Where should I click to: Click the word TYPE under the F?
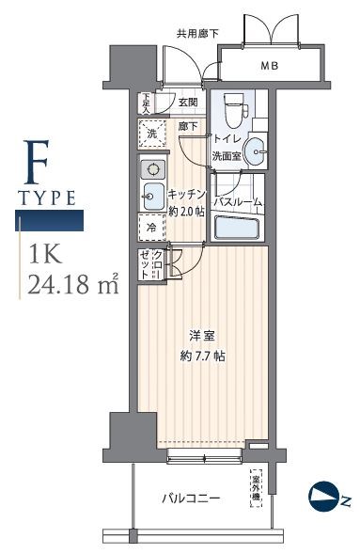click(49, 198)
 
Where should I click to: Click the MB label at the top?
click(269, 66)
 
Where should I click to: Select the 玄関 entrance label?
click(186, 103)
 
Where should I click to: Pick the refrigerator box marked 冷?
click(151, 227)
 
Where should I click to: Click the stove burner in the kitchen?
click(151, 169)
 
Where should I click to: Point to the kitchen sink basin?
click(152, 197)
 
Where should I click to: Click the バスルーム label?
click(236, 202)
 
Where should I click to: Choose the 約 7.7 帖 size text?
click(204, 356)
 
